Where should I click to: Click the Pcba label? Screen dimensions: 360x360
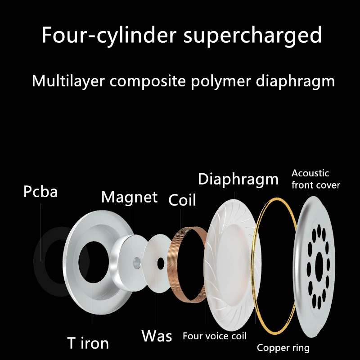(40, 192)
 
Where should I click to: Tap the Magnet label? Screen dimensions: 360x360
(130, 197)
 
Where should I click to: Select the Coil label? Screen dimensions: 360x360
(182, 200)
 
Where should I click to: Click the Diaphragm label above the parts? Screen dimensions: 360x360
(238, 180)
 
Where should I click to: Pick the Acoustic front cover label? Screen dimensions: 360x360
(315, 179)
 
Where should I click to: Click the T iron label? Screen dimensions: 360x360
(88, 343)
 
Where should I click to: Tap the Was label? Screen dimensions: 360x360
(157, 336)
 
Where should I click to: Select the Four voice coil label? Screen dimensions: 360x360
(215, 336)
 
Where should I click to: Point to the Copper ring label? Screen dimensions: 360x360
(283, 347)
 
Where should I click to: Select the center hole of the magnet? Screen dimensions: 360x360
(137, 261)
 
